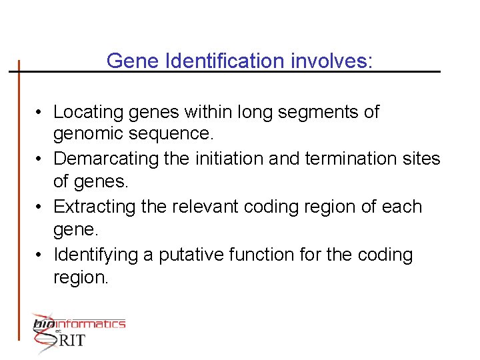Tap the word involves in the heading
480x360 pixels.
pyautogui.click(x=332, y=61)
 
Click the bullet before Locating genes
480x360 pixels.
pyautogui.click(x=41, y=113)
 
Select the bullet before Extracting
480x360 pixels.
pyautogui.click(x=41, y=207)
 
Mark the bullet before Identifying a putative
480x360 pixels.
pyautogui.click(x=41, y=255)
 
